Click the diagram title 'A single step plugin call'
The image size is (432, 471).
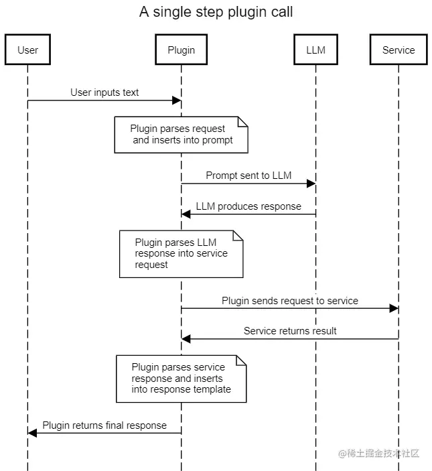216,12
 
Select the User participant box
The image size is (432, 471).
27,50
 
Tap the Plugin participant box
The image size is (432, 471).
181,50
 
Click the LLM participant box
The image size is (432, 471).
315,50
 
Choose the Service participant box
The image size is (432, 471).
399,50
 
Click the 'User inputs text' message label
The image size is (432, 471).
104,92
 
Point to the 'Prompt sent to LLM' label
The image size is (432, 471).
248,176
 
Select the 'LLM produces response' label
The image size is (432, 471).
248,206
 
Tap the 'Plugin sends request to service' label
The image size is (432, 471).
290,301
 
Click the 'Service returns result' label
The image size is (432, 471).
290,330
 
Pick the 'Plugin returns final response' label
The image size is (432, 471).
104,425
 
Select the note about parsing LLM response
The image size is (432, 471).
181,254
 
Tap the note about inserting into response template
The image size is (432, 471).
181,379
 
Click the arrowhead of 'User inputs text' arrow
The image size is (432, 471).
177,100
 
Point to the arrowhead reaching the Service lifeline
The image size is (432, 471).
394,308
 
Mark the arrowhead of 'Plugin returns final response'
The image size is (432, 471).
32,433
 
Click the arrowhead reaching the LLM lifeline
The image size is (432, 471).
311,184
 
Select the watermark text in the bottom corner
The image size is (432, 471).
378,454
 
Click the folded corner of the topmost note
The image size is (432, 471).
242,121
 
